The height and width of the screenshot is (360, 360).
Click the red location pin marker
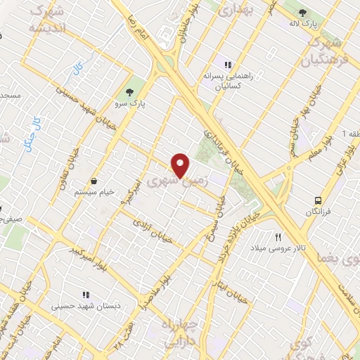[181, 165]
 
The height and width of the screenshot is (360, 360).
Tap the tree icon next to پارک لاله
[302, 13]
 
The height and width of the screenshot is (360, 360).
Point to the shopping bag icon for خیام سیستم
[94, 180]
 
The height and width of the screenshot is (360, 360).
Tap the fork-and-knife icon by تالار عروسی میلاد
[278, 237]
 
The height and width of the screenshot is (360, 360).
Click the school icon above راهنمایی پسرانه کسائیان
[227, 65]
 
